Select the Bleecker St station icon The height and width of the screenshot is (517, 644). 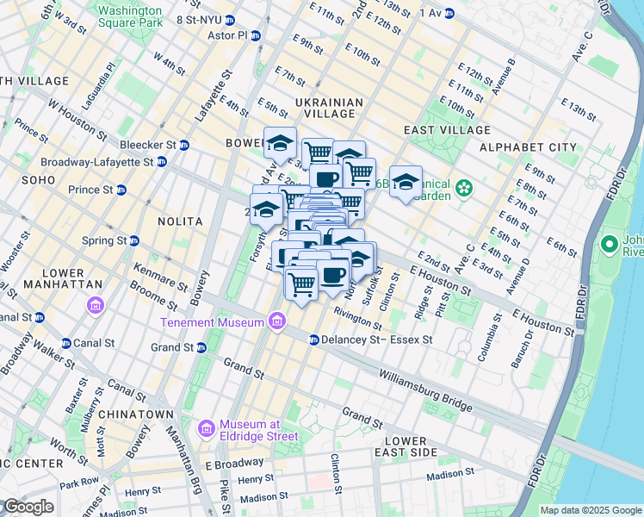tap(184, 145)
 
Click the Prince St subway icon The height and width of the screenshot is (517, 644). tap(121, 190)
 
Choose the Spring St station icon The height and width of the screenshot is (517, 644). tap(133, 240)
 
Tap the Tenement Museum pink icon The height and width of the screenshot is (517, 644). tap(276, 322)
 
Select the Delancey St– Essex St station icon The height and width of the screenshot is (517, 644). tap(314, 339)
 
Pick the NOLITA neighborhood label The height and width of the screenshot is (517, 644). tap(180, 221)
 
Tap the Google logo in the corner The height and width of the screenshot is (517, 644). tap(28, 507)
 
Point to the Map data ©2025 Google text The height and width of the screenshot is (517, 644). tap(591, 510)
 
